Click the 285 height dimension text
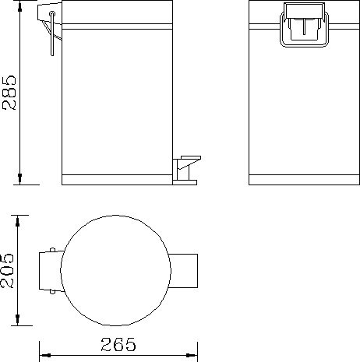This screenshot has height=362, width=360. pos(9,93)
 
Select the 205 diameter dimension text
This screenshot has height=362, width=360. pos(7,271)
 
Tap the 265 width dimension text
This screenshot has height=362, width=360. pos(118,344)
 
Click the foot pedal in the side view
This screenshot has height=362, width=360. pos(186,170)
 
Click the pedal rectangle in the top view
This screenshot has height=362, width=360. pos(183,271)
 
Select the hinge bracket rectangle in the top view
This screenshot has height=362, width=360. pos(51,271)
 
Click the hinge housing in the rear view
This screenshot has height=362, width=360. pos(304,25)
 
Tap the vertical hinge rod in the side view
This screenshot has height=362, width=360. pos(52,33)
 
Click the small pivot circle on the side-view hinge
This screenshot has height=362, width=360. pos(52,13)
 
